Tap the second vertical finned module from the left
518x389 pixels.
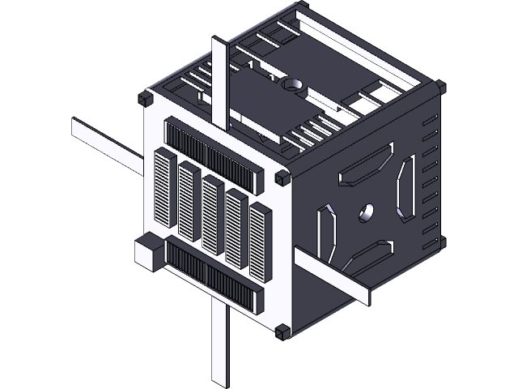click(189, 202)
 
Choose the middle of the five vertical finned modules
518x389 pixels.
click(213, 214)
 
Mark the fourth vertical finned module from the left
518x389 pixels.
click(236, 227)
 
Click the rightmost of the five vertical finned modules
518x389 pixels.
click(260, 242)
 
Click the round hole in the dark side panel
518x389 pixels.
click(367, 212)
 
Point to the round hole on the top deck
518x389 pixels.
click(292, 83)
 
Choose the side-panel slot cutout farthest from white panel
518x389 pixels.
click(406, 188)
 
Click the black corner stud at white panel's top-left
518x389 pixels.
click(146, 99)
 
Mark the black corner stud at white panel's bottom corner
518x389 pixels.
click(282, 331)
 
